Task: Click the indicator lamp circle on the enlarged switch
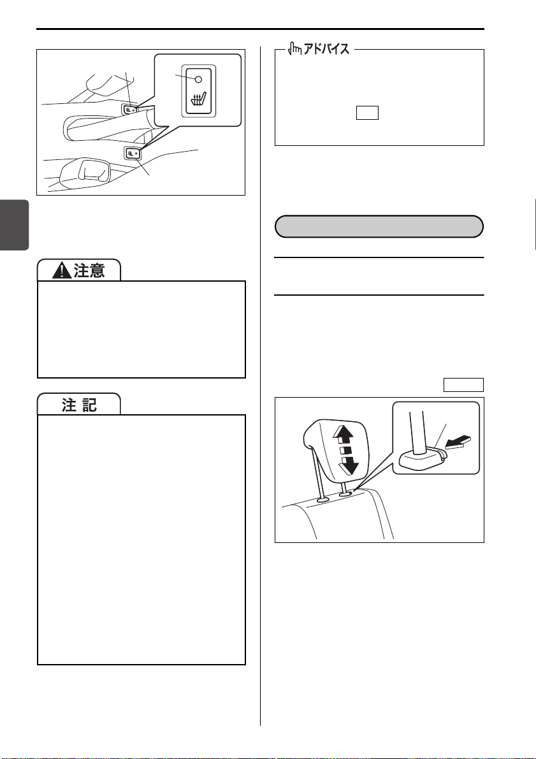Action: pyautogui.click(x=198, y=80)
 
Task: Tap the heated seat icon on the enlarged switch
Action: pyautogui.click(x=198, y=99)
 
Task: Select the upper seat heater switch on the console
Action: pyautogui.click(x=129, y=110)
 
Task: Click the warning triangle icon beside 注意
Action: pyautogui.click(x=61, y=271)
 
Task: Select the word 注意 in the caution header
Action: pyautogui.click(x=89, y=271)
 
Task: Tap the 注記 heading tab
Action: pyautogui.click(x=80, y=405)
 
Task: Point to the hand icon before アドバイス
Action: pyautogui.click(x=295, y=48)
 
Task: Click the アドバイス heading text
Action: pyautogui.click(x=326, y=48)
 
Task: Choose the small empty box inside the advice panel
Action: pyautogui.click(x=367, y=113)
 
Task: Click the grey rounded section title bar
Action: pyautogui.click(x=379, y=226)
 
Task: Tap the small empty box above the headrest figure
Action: pyautogui.click(x=463, y=385)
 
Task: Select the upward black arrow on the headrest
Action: pyautogui.click(x=344, y=435)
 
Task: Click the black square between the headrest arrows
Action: pyautogui.click(x=344, y=451)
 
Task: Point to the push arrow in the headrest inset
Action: pyautogui.click(x=458, y=442)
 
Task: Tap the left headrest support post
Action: pyautogui.click(x=319, y=477)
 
